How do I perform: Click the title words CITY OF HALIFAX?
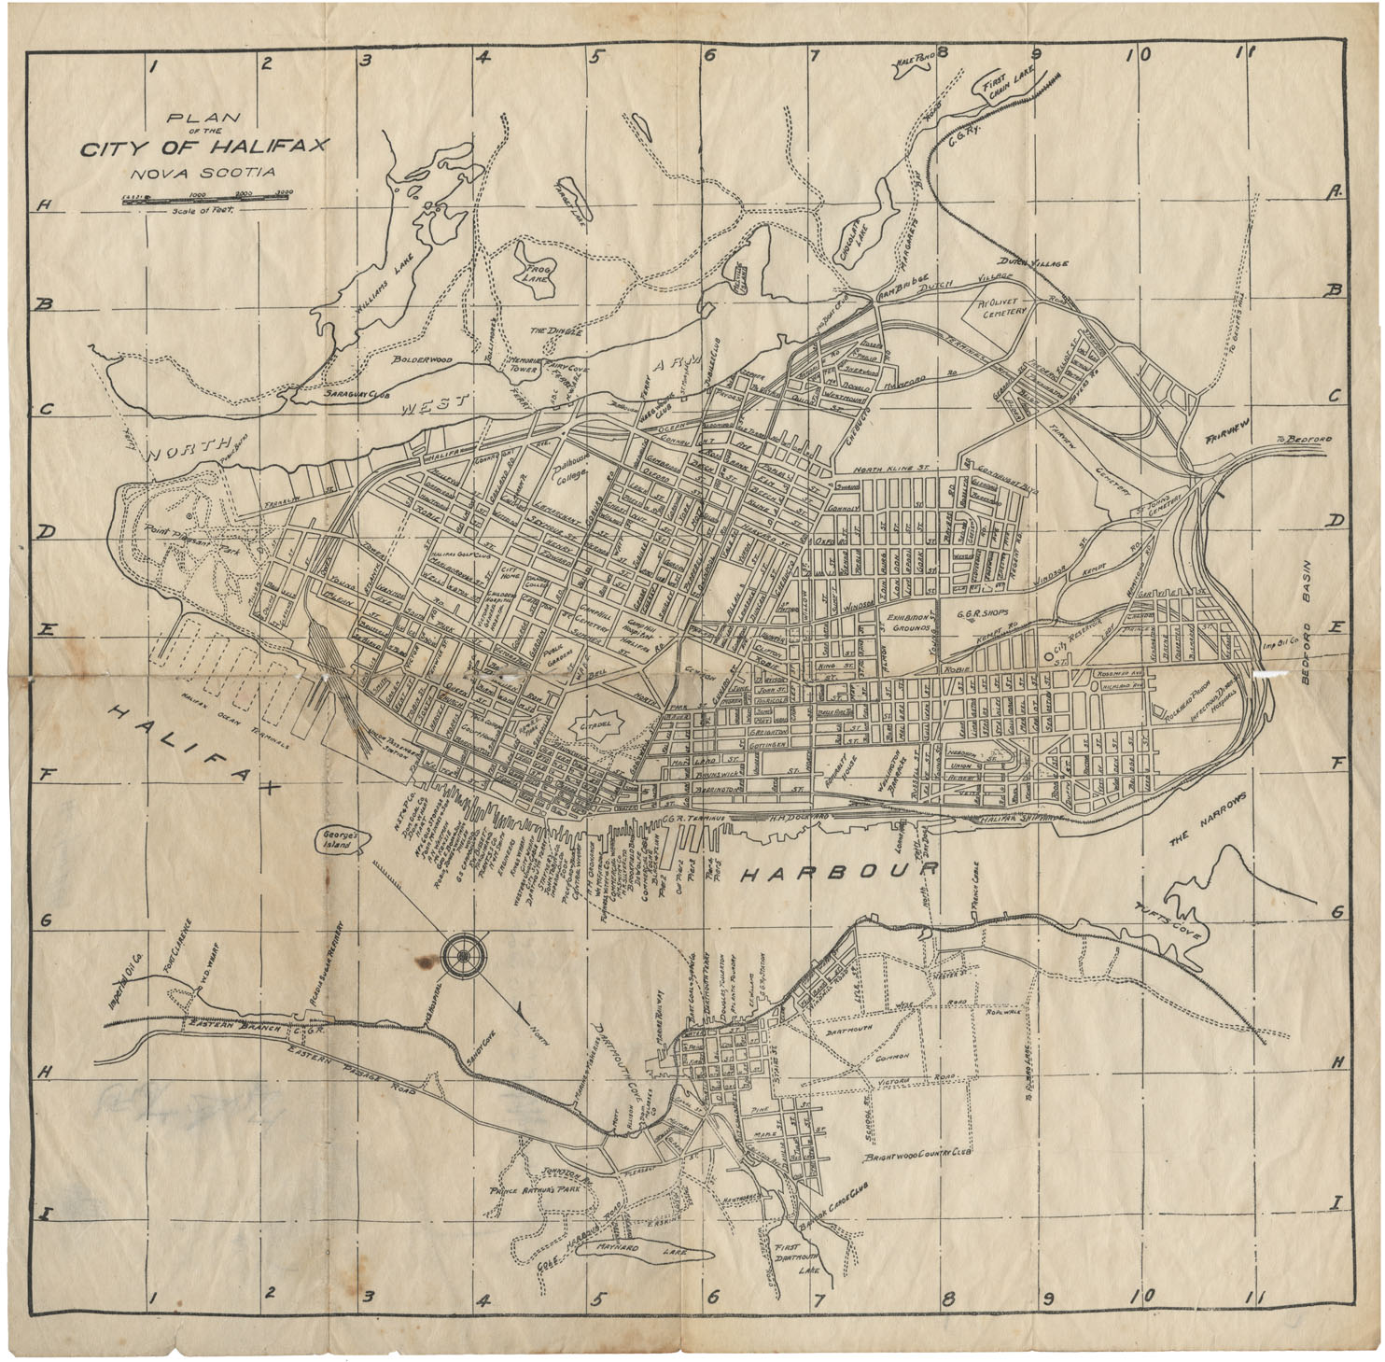click(204, 147)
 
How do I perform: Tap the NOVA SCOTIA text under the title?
click(203, 173)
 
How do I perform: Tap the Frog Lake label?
click(535, 271)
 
